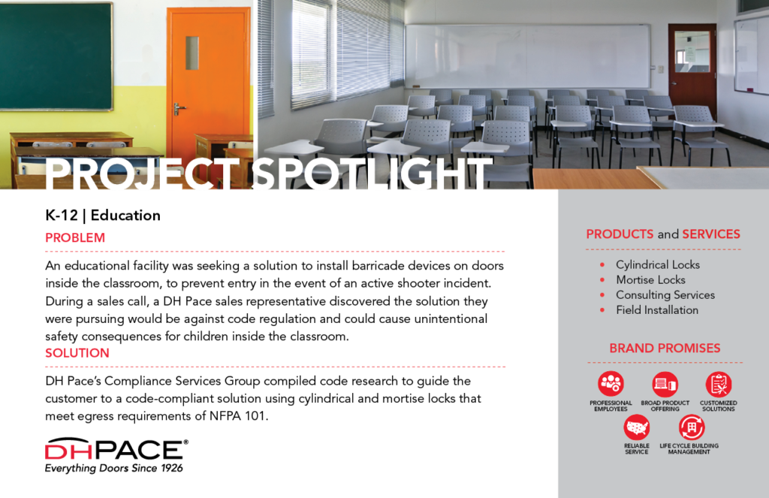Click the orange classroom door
coord(209,83)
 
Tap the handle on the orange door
coord(179,109)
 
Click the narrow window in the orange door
coord(192,53)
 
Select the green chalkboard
coord(56,56)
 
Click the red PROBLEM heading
coord(75,238)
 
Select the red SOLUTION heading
coord(77,353)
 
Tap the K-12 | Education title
coord(102,216)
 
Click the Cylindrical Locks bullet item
coord(658,265)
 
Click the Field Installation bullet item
coord(657,310)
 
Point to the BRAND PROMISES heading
coord(665,349)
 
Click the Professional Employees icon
coord(611,384)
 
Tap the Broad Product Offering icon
coord(665,384)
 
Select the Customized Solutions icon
coord(719,384)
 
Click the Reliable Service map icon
coord(637,427)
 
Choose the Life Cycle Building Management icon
coord(692,427)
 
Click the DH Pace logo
coord(116,455)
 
